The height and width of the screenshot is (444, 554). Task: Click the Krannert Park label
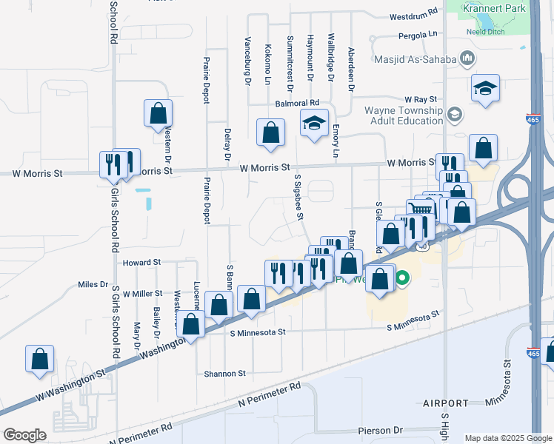(493, 7)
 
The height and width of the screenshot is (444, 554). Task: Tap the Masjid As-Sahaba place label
(415, 57)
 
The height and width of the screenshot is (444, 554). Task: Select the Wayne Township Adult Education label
(403, 116)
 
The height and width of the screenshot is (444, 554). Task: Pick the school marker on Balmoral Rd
(314, 123)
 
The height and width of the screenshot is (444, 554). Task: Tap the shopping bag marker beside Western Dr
(158, 113)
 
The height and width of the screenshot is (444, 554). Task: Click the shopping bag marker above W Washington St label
(39, 358)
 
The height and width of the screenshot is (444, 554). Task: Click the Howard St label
(141, 262)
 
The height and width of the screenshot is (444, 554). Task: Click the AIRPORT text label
(445, 403)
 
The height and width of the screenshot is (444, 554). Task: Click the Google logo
(24, 435)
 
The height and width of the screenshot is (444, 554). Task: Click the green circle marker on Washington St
(402, 279)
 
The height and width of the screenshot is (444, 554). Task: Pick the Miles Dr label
(93, 284)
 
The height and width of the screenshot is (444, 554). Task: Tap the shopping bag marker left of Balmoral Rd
(270, 132)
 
